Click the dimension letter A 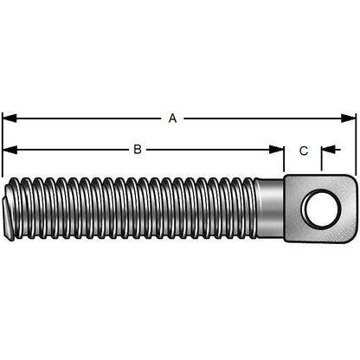172,119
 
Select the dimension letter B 137,150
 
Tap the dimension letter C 303,151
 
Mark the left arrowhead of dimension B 7,150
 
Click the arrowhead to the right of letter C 326,150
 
